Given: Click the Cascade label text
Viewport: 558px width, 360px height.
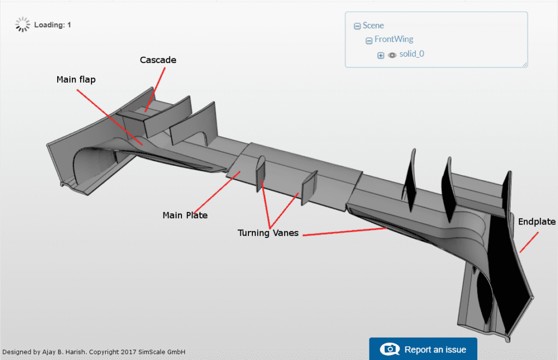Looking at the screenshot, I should (158, 60).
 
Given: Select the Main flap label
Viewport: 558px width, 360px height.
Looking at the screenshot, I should (76, 80).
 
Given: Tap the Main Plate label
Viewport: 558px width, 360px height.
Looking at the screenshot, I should (185, 215).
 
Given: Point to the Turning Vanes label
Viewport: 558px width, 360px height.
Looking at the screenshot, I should (269, 233).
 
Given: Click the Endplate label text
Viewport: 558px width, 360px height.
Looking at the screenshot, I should (537, 222).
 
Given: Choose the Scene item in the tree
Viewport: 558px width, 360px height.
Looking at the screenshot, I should (374, 26).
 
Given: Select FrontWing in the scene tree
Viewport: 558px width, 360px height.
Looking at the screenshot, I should (393, 39).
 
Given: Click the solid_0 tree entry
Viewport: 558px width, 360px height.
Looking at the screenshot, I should (411, 54).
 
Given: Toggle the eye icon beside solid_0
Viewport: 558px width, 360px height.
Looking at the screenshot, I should (392, 55).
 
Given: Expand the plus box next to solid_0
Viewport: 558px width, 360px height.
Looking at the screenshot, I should (381, 55).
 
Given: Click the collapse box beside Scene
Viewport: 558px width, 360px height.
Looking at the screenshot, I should (357, 26).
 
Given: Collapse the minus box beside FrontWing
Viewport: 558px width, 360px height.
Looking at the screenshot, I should (369, 40).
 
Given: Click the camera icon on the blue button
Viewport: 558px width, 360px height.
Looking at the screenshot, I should (390, 349).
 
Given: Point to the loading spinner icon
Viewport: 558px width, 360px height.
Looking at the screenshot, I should (22, 25).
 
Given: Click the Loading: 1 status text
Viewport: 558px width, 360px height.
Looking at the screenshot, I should (52, 25).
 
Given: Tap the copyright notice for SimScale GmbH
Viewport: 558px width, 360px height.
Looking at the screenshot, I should (94, 352).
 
